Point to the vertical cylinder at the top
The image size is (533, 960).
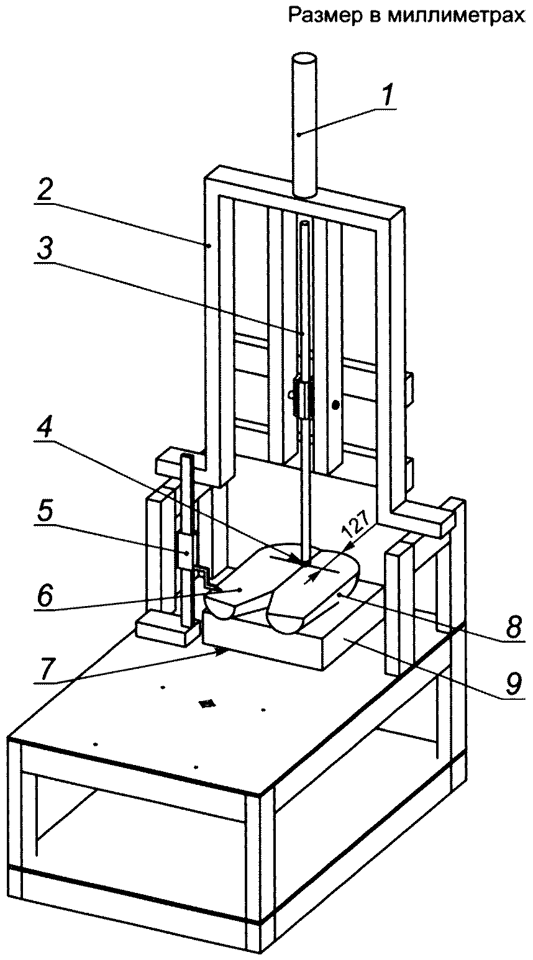305,127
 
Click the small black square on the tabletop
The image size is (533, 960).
207,704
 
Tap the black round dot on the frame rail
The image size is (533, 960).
335,404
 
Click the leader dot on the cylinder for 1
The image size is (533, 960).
299,135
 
